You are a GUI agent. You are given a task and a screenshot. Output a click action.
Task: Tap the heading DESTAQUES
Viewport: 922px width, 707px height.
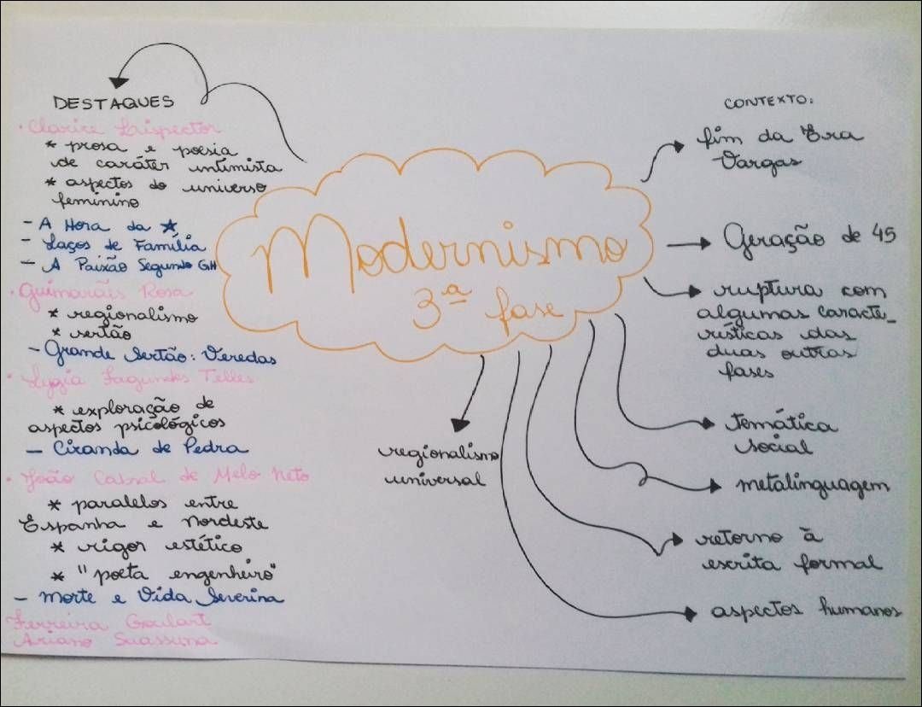[x=114, y=102]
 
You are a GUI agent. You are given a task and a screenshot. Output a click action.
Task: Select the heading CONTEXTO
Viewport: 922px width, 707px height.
[x=768, y=102]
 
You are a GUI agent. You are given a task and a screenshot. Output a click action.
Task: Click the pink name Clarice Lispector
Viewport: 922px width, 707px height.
[x=124, y=129]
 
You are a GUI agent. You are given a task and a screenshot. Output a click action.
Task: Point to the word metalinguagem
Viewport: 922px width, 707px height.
[x=812, y=486]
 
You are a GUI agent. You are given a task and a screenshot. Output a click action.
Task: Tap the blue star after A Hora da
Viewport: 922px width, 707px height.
[x=168, y=225]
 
